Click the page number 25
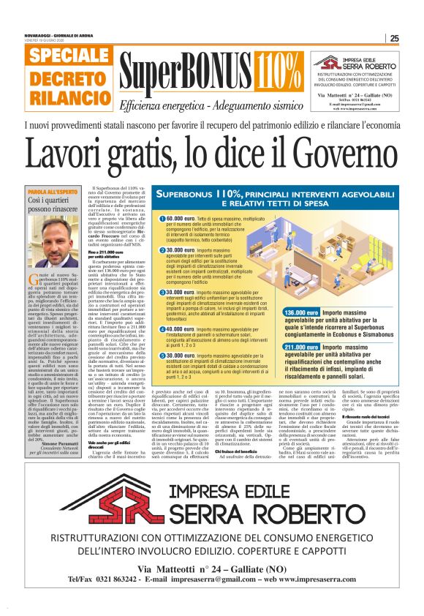point(394,39)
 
